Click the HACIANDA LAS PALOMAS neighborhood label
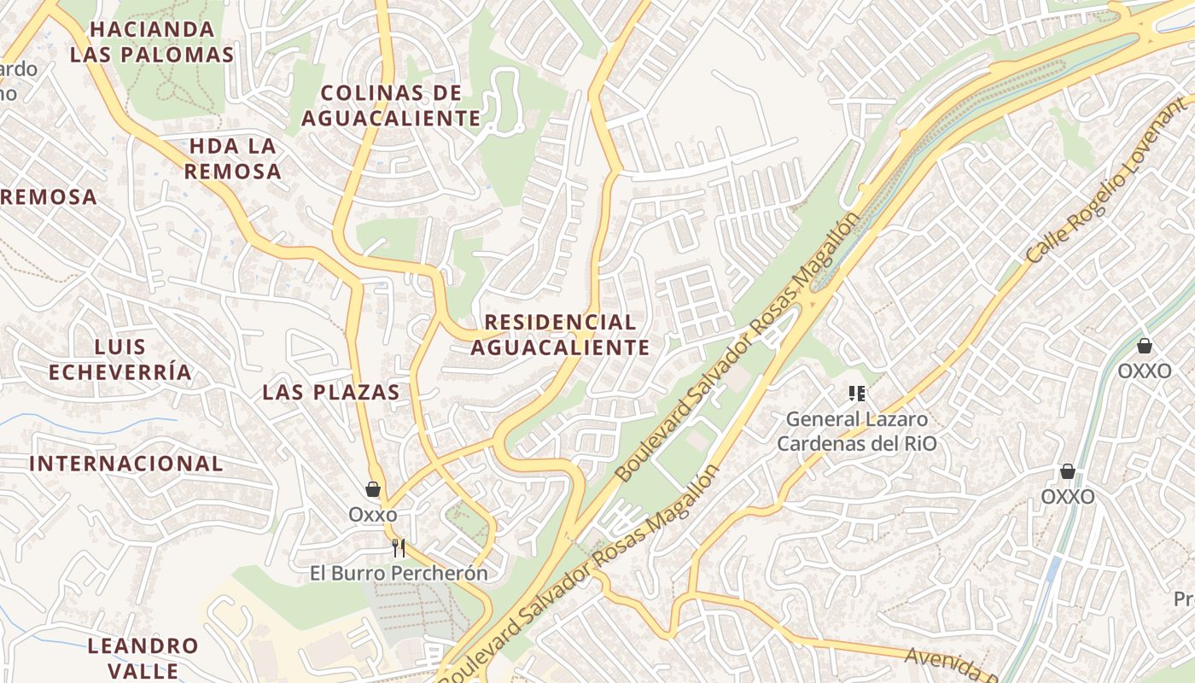coord(152,42)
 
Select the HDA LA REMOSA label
coord(232,159)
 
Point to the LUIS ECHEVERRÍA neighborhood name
coord(120,359)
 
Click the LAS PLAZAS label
coord(331,392)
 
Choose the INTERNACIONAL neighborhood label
coord(126,464)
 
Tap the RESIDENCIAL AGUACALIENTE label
coord(560,335)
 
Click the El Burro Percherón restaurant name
coord(399,573)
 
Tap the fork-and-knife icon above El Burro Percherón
coord(398,548)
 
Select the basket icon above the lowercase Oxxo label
coord(373,489)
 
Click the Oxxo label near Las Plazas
coord(373,515)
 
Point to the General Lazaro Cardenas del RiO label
coord(856,431)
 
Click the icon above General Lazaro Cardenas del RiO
coord(857,394)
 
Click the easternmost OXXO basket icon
coord(1145,346)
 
